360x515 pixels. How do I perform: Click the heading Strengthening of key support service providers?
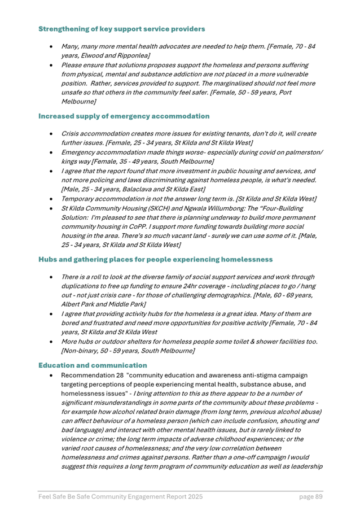[x=121, y=28]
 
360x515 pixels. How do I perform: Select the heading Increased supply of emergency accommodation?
[x=124, y=116]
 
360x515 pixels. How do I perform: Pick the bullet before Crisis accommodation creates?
[x=51, y=134]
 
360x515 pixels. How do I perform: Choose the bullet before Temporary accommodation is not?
[x=51, y=198]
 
